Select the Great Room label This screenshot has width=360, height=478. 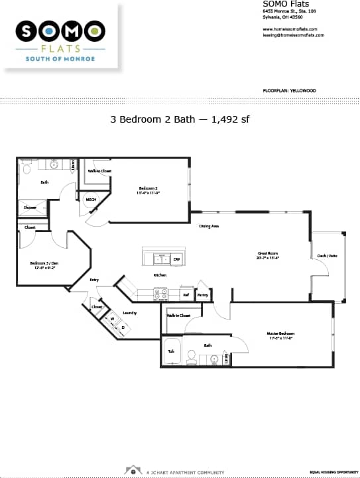click(267, 253)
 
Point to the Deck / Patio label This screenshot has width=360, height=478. click(328, 255)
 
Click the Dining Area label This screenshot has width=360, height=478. click(209, 226)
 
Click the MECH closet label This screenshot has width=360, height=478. click(91, 199)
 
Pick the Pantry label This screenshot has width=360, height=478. click(203, 294)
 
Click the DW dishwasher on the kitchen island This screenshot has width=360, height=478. click(176, 259)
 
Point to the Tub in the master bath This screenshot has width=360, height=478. click(171, 352)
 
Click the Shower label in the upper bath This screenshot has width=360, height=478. click(30, 208)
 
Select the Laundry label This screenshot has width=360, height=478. click(129, 312)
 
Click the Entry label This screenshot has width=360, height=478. click(94, 280)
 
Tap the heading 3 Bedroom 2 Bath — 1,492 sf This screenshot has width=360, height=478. click(179, 119)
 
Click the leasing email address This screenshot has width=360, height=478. click(293, 35)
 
